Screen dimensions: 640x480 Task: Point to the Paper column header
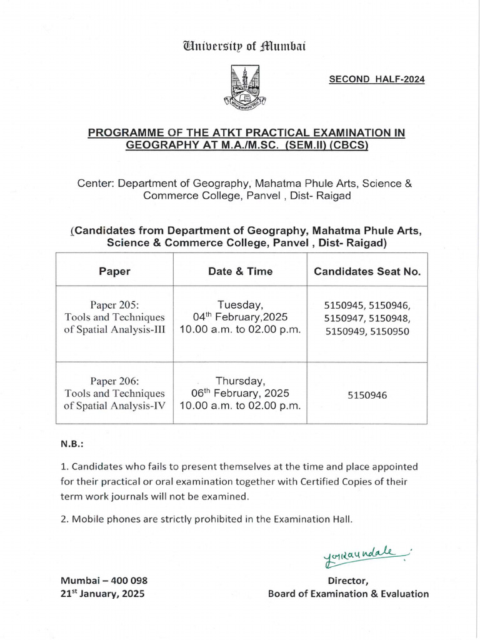point(114,271)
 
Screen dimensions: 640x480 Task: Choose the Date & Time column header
point(240,271)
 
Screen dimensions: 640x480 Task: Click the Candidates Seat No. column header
point(367,271)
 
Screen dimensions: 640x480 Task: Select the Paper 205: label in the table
point(114,305)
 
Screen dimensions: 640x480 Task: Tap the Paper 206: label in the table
point(114,381)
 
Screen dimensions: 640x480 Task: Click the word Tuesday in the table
point(240,304)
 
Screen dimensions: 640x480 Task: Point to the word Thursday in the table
point(240,380)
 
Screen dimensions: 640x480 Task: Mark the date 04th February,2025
point(240,317)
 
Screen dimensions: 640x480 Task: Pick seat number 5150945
point(345,306)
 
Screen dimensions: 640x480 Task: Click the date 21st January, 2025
point(102,594)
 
